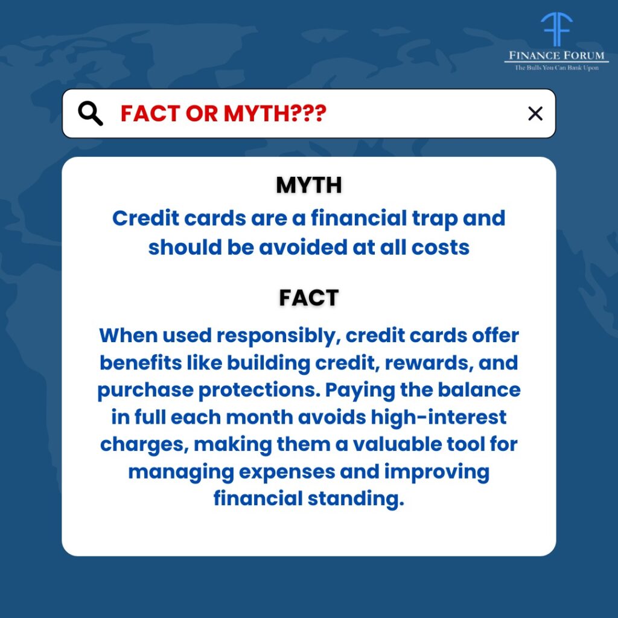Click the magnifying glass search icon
[x=91, y=113]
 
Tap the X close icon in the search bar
[x=535, y=113]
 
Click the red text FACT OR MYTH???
[x=223, y=113]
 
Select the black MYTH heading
[x=309, y=185]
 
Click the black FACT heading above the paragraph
[x=309, y=298]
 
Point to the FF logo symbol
[x=556, y=29]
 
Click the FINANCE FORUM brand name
[x=556, y=56]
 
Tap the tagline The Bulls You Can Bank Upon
[x=556, y=68]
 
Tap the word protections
[x=260, y=390]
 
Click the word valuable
[x=397, y=444]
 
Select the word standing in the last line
[x=356, y=499]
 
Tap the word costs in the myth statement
[x=441, y=248]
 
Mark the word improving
[x=437, y=472]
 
